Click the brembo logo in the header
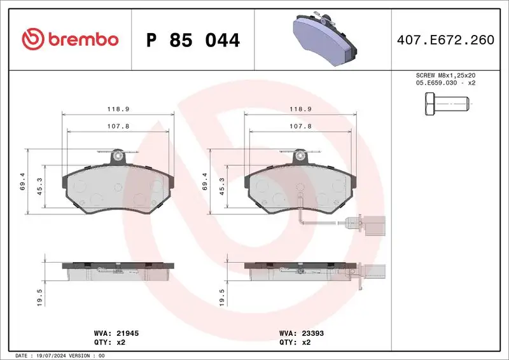pyautogui.click(x=70, y=39)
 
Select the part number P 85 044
pyautogui.click(x=193, y=40)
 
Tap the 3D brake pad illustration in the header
pyautogui.click(x=324, y=39)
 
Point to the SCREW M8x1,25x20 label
pyautogui.click(x=445, y=75)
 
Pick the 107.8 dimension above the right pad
pyautogui.click(x=301, y=126)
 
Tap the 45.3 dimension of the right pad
pyautogui.click(x=222, y=185)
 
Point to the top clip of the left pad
pyautogui.click(x=117, y=155)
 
